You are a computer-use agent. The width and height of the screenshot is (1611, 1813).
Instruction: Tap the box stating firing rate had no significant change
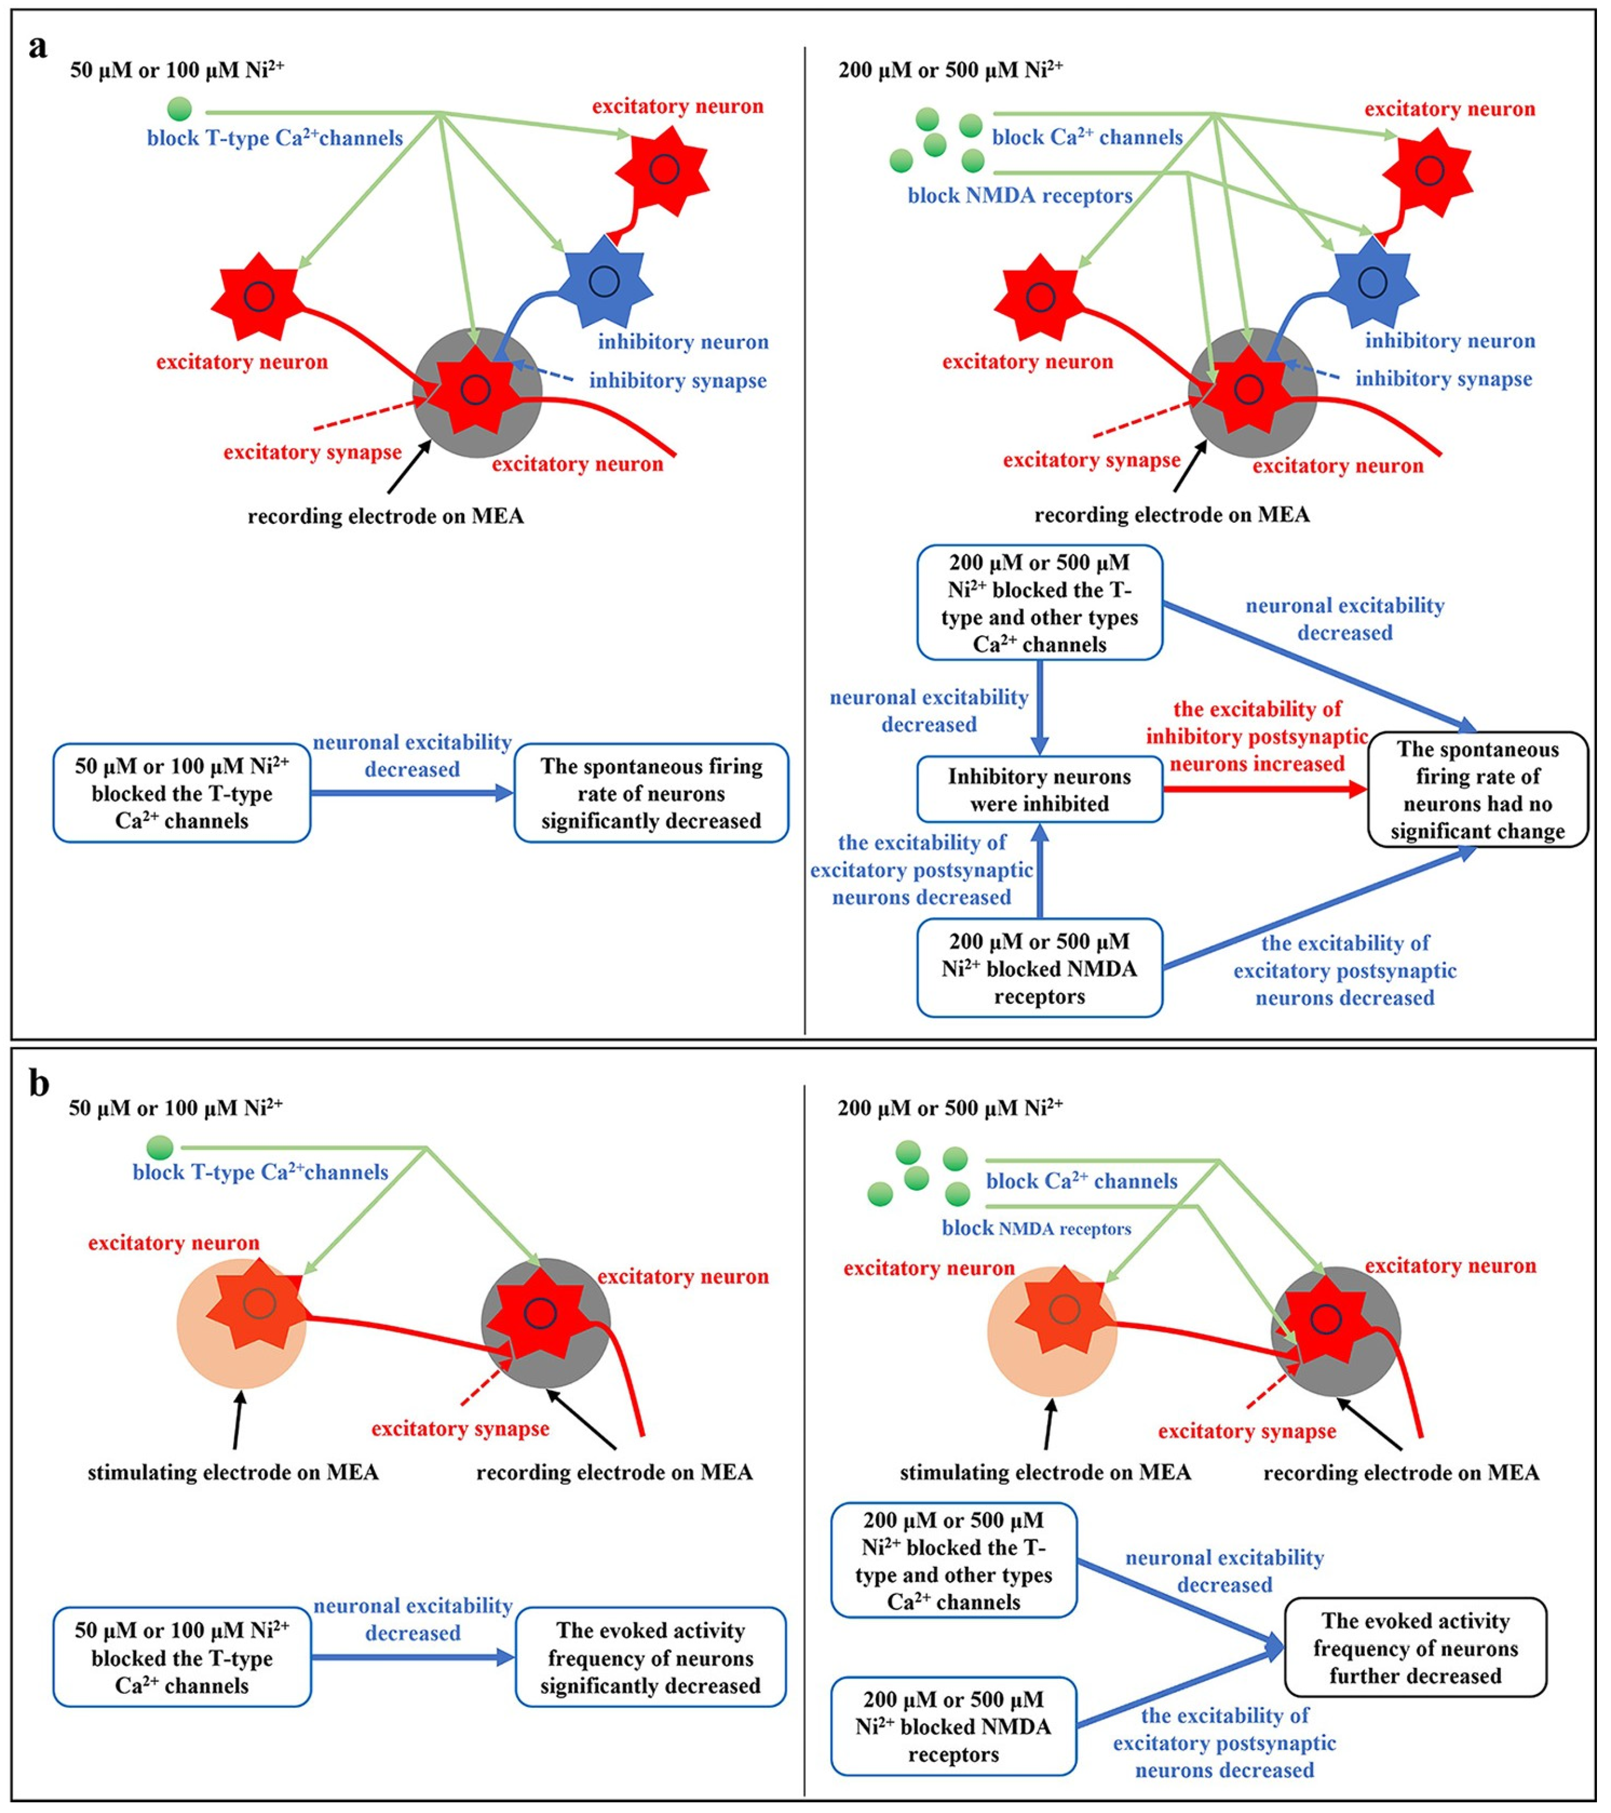coord(1477,790)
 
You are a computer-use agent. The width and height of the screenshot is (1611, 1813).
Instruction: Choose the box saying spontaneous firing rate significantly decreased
coord(651,793)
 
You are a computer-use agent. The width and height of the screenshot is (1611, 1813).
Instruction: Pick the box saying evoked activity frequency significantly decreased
coord(650,1657)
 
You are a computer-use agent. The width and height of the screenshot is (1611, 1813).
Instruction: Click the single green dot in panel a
coord(179,109)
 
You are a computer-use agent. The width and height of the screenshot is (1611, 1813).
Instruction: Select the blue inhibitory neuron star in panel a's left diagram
coord(606,282)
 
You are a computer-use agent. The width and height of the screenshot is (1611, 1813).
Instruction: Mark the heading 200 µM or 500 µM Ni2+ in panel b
coord(950,1107)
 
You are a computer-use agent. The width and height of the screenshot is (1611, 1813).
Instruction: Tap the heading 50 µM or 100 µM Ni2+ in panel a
coord(178,69)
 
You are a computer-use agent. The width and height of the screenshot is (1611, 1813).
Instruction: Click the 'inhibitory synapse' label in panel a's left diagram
coord(678,380)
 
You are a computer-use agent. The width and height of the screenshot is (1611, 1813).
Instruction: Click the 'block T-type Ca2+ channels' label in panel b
coord(260,1172)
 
